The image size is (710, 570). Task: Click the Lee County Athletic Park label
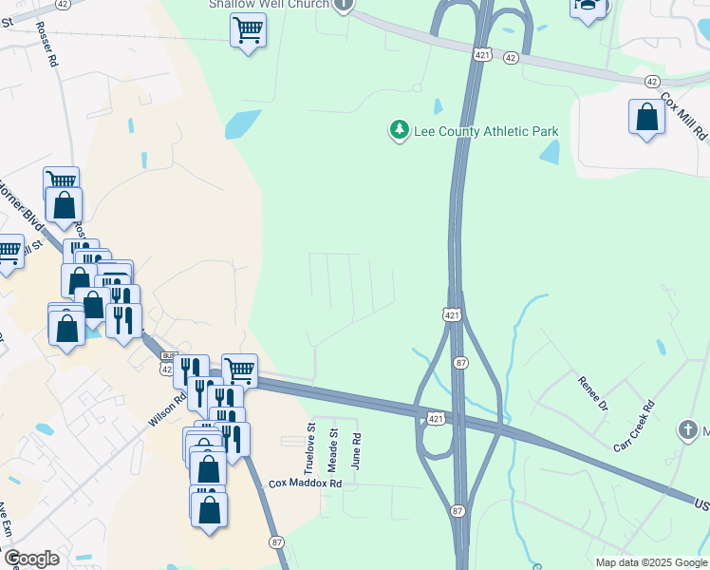point(486,131)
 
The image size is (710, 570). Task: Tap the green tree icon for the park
point(400,130)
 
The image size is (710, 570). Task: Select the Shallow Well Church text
point(269,5)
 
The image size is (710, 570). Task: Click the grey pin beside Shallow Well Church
point(346,5)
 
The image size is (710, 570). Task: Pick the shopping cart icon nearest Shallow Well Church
point(248,30)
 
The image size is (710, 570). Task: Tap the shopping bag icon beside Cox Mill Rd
point(646,118)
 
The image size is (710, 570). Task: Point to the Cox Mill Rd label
point(684,116)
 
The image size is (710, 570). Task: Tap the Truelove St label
point(308,449)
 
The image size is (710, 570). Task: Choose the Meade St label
point(333,445)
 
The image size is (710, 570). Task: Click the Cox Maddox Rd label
point(305,483)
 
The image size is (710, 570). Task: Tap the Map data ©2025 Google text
point(651,562)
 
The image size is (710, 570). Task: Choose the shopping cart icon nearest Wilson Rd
point(239,369)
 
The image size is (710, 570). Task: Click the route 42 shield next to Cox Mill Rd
point(651,83)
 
